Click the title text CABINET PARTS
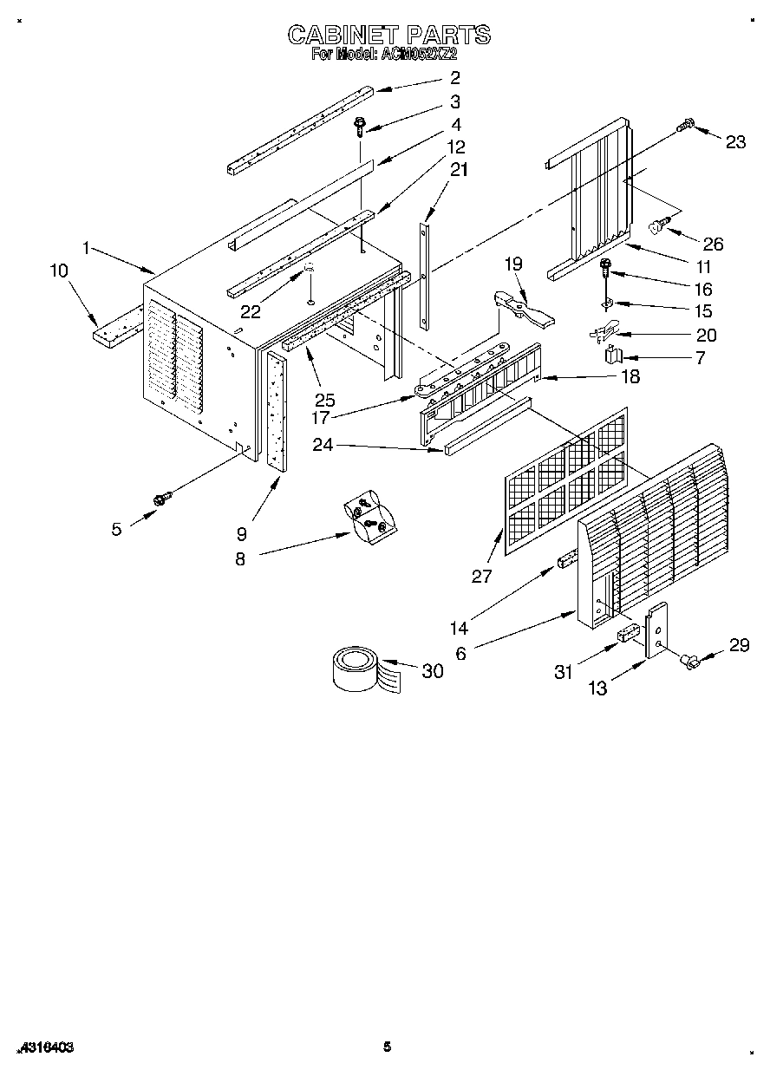[x=388, y=35]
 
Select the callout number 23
[x=735, y=143]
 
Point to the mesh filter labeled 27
[x=564, y=482]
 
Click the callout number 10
[x=59, y=271]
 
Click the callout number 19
[x=514, y=263]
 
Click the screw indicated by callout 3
[x=358, y=128]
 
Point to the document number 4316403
[x=42, y=1047]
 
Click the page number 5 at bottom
[x=387, y=1047]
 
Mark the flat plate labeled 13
[x=656, y=630]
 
